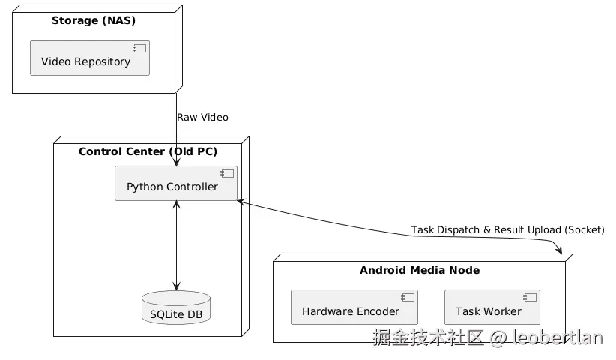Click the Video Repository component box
pyautogui.click(x=90, y=58)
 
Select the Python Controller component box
pyautogui.click(x=176, y=184)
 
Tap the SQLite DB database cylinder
pyautogui.click(x=176, y=307)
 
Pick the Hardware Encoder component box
pyautogui.click(x=354, y=307)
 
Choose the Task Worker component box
pyautogui.click(x=492, y=307)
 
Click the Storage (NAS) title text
pyautogui.click(x=94, y=20)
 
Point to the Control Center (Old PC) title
pyautogui.click(x=148, y=151)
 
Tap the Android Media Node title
pyautogui.click(x=420, y=270)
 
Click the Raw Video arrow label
pyautogui.click(x=203, y=118)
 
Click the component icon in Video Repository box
pyautogui.click(x=139, y=48)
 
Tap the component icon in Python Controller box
pyautogui.click(x=227, y=174)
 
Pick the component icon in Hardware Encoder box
pyautogui.click(x=408, y=298)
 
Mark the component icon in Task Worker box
pyautogui.click(x=530, y=298)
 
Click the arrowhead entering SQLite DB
pyautogui.click(x=176, y=286)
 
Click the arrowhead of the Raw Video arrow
pyautogui.click(x=176, y=161)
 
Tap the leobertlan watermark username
pyautogui.click(x=558, y=337)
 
